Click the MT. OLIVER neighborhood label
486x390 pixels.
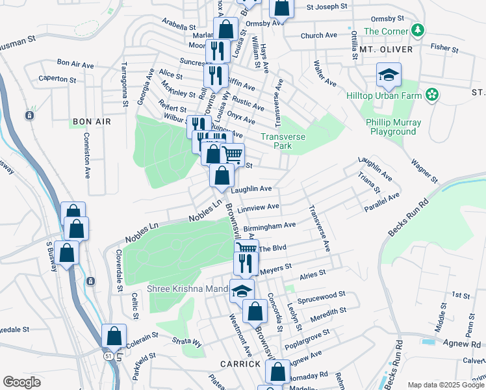tap(386, 49)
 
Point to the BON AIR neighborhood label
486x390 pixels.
tap(92, 122)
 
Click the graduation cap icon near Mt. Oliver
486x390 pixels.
tap(388, 75)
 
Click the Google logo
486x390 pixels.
tap(21, 382)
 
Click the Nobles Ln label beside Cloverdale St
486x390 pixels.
tap(142, 231)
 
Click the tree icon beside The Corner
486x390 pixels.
tap(419, 30)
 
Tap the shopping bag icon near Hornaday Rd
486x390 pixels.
tap(278, 372)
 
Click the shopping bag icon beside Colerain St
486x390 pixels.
tap(114, 337)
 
